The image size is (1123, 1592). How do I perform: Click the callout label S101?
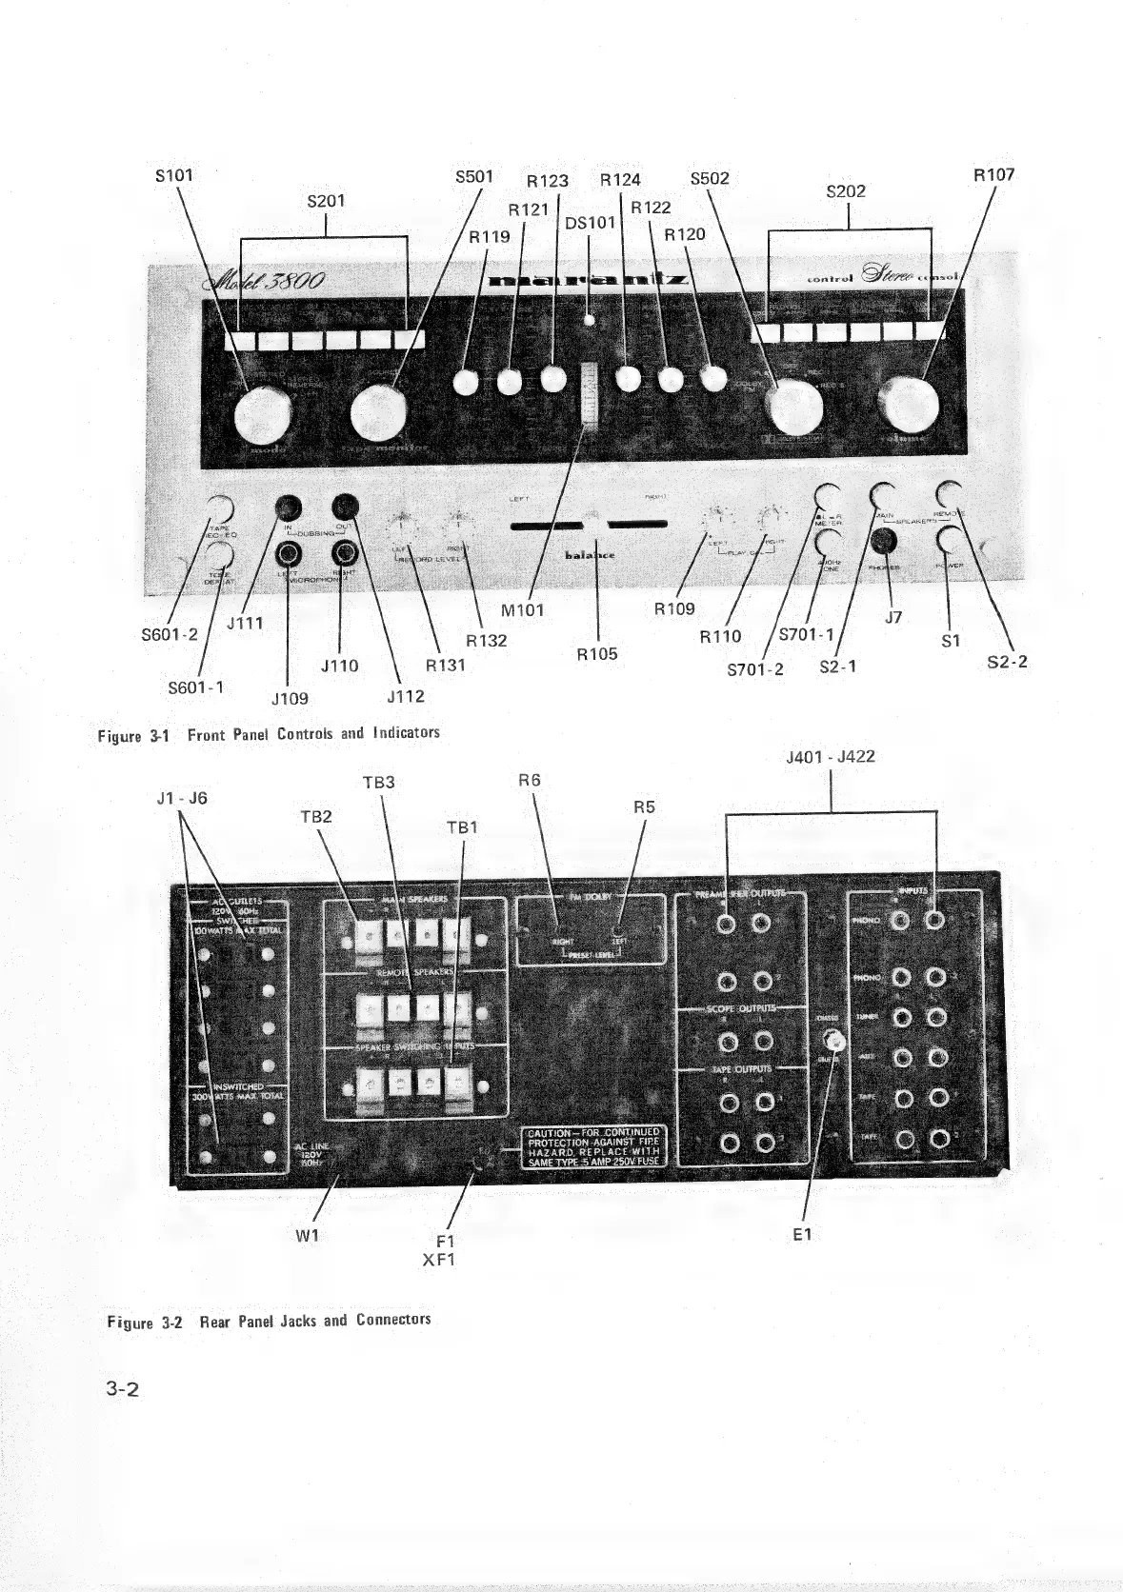pos(173,175)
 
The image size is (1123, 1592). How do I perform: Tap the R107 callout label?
pos(993,175)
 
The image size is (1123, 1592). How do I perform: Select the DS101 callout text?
pos(590,223)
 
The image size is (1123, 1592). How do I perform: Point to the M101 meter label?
pos(521,610)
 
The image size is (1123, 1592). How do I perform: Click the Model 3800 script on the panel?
pos(265,282)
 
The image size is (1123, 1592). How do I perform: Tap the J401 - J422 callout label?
pos(831,757)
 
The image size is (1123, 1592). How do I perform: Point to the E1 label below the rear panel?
pos(802,1234)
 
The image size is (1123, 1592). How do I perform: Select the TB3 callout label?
pos(378,783)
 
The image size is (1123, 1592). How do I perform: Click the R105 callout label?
pos(597,654)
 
